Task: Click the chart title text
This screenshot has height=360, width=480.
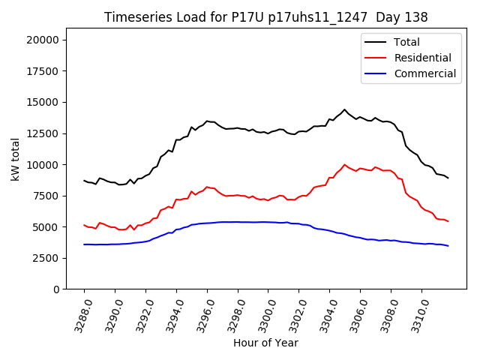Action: click(265, 17)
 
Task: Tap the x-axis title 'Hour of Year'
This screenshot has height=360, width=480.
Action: click(265, 343)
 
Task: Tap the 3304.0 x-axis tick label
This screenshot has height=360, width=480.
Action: click(325, 315)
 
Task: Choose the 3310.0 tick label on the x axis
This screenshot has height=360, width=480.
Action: click(417, 315)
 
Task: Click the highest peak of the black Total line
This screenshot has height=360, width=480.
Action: click(345, 109)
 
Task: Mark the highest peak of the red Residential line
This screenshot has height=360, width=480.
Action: click(345, 165)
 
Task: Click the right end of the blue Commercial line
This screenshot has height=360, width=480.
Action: click(448, 246)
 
